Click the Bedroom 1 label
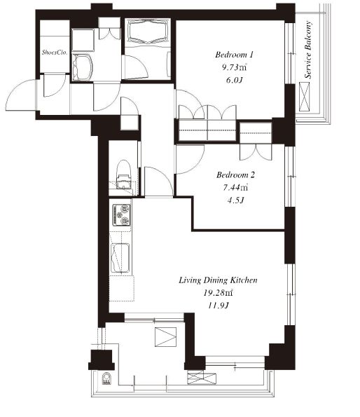click(234, 55)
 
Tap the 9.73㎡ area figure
click(235, 67)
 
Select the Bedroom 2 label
click(235, 175)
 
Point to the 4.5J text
click(235, 200)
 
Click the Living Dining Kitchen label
click(218, 280)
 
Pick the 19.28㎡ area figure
click(218, 293)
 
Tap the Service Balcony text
click(308, 50)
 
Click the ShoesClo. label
click(55, 53)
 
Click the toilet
click(123, 175)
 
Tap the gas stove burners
click(122, 215)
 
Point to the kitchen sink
click(120, 258)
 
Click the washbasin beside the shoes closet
click(82, 67)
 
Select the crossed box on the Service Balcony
click(305, 97)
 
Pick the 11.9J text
click(218, 306)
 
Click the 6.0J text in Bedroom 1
click(235, 80)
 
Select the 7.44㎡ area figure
click(235, 188)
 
